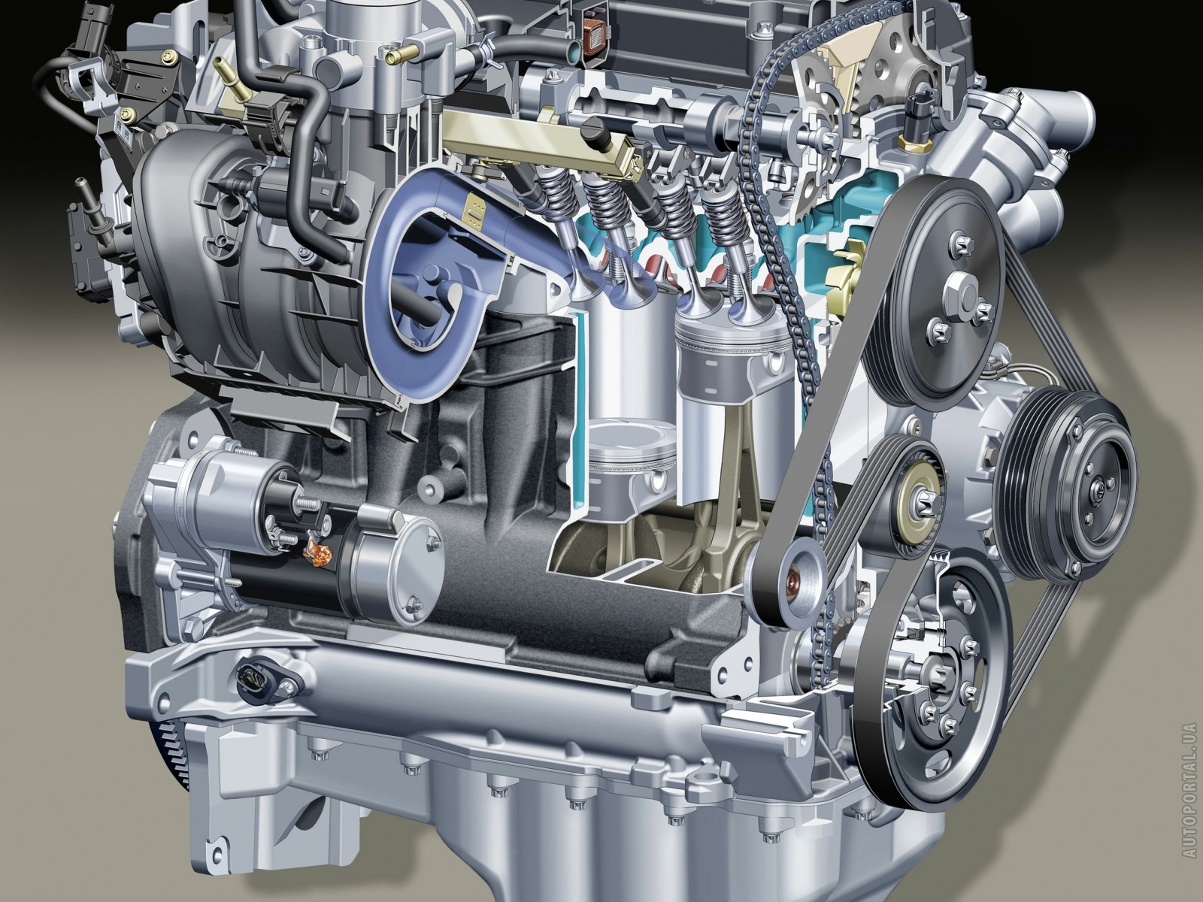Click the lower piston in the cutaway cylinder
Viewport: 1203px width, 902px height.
(630, 459)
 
